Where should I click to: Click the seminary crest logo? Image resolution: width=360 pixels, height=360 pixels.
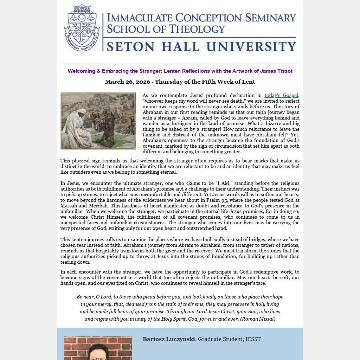[x=82, y=28]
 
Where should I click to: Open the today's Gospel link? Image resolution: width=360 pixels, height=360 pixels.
[x=281, y=95]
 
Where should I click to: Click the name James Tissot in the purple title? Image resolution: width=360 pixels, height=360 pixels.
[x=276, y=71]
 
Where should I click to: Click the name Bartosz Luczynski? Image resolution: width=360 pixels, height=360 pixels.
[x=168, y=339]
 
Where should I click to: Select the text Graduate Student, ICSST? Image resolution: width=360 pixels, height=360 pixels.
[x=229, y=339]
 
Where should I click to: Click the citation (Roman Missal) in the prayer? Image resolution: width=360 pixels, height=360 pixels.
[x=258, y=319]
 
